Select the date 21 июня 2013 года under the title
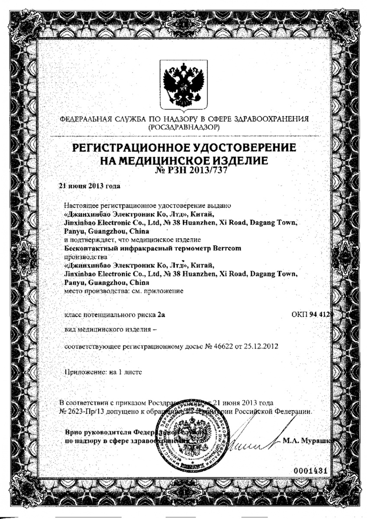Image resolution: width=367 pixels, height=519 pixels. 89,186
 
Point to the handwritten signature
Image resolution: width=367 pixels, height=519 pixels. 251,441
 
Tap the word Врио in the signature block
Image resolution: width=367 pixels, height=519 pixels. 74,432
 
